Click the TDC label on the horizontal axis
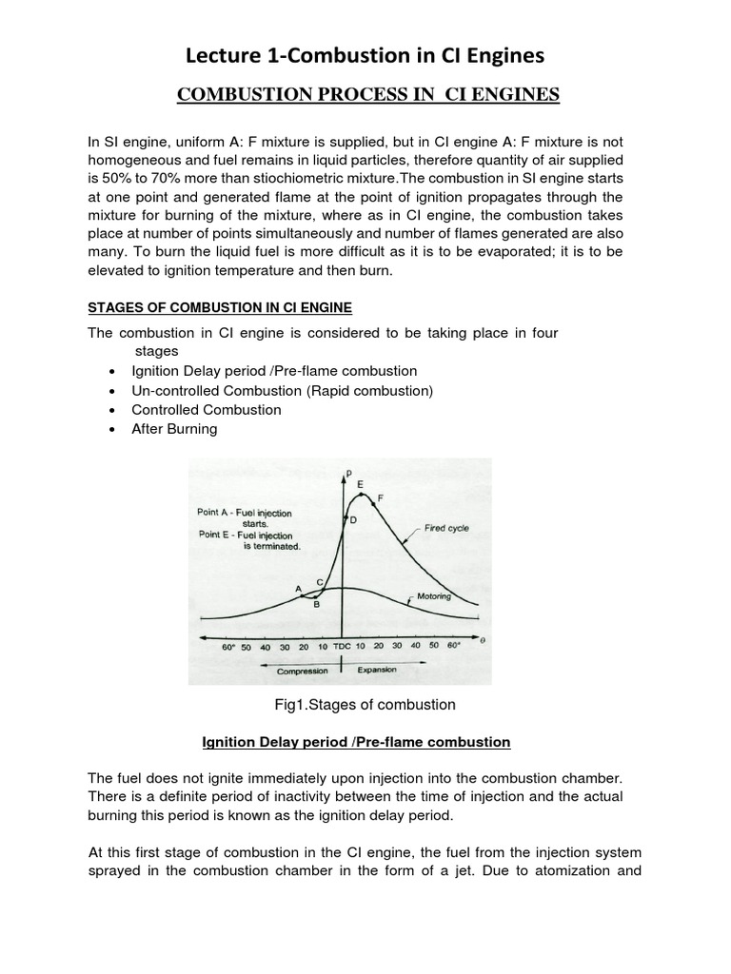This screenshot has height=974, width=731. tap(342, 646)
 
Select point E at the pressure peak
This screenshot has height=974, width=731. tap(360, 485)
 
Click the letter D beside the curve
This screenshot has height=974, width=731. tap(352, 520)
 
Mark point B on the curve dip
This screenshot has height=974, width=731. tap(316, 603)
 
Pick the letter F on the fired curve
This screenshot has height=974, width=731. tap(381, 497)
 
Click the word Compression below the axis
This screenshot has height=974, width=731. tap(303, 671)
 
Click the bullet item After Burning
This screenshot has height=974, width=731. tap(174, 429)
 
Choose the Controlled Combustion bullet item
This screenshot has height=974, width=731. tap(207, 409)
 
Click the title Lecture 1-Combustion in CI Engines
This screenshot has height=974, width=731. tap(365, 57)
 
